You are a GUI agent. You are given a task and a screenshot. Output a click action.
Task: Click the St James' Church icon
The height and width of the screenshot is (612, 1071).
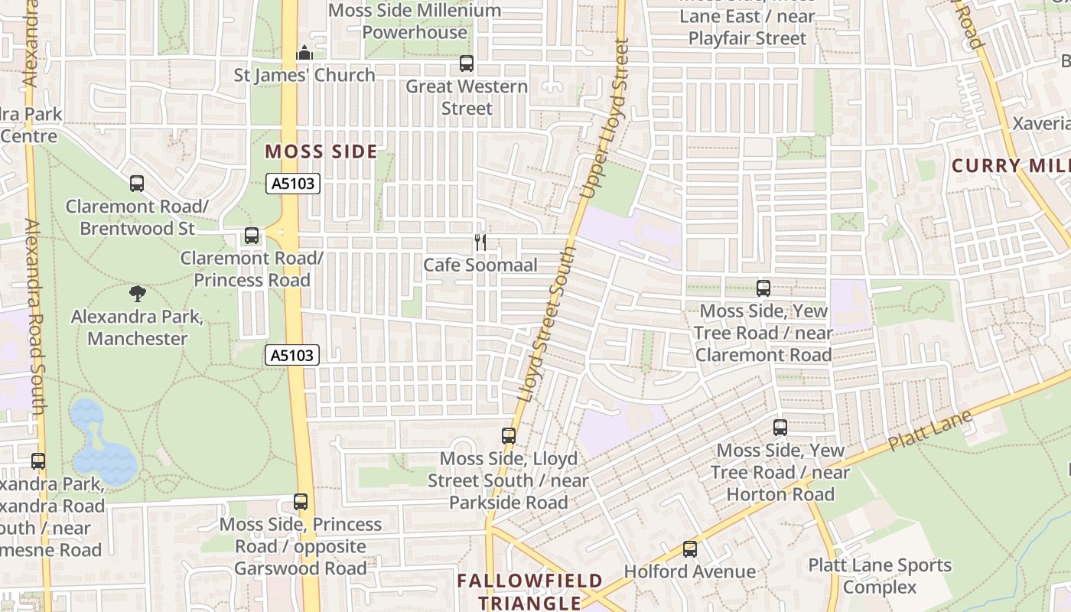coord(304,53)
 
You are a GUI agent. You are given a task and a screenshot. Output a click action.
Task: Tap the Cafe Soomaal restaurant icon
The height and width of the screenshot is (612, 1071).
coord(480,243)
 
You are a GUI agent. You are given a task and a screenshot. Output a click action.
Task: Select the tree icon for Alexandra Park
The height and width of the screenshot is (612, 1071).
coord(138,293)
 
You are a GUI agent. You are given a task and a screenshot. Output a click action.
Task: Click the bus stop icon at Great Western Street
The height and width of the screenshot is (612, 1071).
coord(467,63)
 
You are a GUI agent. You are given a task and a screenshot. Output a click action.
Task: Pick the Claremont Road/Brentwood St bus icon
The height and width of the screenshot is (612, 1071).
coord(137,184)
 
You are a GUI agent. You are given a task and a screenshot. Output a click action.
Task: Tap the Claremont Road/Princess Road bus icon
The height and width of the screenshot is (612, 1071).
coord(252,236)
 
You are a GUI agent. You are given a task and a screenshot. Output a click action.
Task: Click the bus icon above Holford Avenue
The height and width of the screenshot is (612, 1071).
coord(690,549)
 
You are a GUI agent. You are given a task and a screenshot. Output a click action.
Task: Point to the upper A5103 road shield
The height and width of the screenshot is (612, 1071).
coord(293,184)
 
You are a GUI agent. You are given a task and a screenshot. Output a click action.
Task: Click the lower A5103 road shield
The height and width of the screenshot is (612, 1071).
coord(293,355)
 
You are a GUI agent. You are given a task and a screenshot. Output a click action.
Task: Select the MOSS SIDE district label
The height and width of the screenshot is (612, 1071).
coord(321,151)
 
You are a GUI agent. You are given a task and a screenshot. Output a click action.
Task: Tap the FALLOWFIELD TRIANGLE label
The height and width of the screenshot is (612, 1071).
coord(530,591)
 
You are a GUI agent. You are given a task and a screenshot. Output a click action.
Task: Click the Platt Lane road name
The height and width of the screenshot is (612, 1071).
coord(930,431)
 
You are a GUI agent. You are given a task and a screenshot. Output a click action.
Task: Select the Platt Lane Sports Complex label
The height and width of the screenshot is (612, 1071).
coord(880,576)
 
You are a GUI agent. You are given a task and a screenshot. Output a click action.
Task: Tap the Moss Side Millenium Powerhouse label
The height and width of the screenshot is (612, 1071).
coord(415,21)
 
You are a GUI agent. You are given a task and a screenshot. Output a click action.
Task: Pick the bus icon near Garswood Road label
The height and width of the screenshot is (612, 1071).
coord(301,502)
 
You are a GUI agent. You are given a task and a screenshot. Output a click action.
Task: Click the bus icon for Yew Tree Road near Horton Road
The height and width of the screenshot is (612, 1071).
coord(780,428)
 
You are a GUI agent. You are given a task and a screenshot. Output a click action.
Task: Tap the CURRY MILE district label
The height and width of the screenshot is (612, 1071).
coord(1010,166)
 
